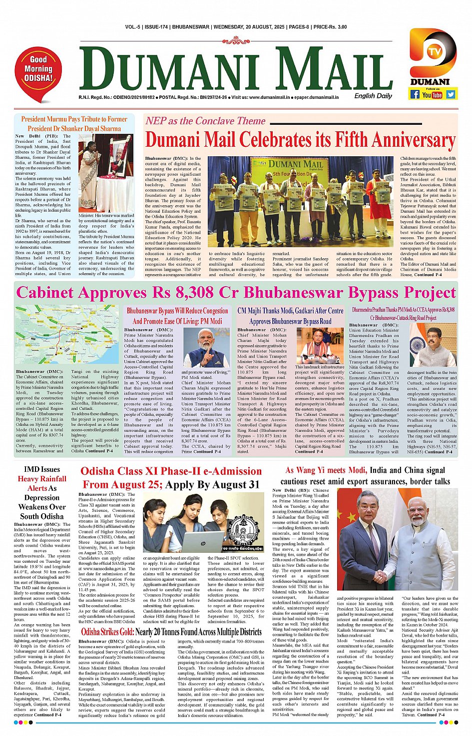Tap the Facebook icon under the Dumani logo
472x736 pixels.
point(415,94)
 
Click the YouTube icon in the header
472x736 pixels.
point(433,94)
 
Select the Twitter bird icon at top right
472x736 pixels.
point(451,94)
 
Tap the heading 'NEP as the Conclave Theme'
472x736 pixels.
point(205,121)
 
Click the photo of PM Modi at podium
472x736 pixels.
point(206,348)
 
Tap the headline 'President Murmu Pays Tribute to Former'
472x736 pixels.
point(74,119)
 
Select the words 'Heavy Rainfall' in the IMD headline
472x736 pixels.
point(42,479)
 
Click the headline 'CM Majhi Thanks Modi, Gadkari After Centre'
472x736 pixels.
point(290,311)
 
